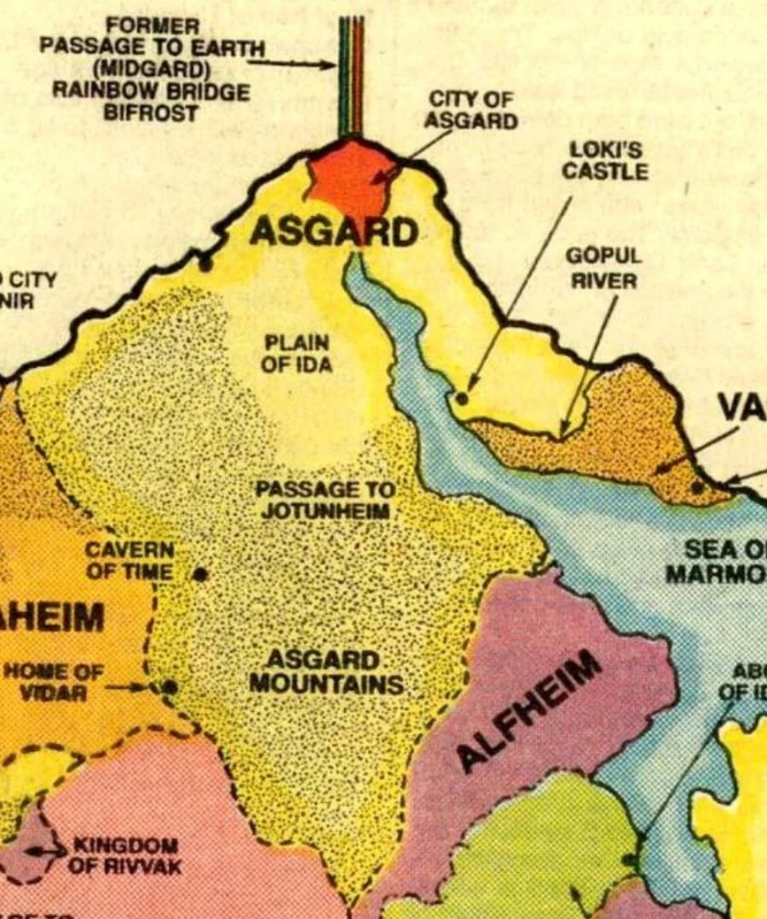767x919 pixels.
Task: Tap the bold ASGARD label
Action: (x=335, y=231)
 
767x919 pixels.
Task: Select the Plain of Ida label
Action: (x=297, y=353)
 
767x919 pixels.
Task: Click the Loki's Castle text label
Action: (x=604, y=160)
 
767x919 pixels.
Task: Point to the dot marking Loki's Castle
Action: (x=462, y=397)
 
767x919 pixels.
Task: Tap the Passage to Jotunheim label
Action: (x=325, y=501)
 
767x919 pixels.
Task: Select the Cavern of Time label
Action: (x=130, y=560)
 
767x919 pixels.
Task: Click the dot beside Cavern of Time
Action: (x=200, y=573)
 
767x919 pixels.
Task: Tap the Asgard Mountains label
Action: (x=326, y=672)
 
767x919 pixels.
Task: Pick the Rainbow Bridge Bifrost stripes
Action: (x=351, y=77)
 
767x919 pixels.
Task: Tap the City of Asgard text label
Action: (x=470, y=110)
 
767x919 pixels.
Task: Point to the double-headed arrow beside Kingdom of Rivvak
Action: (x=44, y=850)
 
